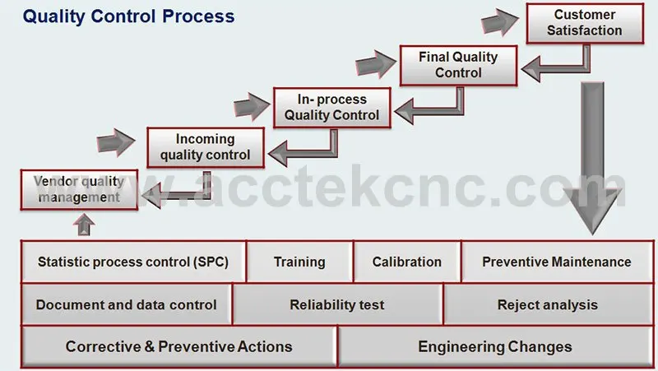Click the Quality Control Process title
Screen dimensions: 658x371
[x=128, y=16]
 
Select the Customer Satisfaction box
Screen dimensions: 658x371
[x=585, y=24]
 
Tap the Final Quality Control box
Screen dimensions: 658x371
[x=458, y=66]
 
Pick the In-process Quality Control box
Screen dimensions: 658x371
[x=332, y=108]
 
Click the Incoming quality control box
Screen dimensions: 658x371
[x=206, y=148]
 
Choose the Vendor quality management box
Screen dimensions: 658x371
[x=79, y=190]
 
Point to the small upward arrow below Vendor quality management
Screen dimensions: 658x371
[x=84, y=225]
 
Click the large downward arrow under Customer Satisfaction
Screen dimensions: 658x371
[x=592, y=158]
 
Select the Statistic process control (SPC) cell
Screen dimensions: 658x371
[x=133, y=262]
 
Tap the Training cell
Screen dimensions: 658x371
[x=299, y=262]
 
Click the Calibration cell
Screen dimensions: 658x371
[x=407, y=262]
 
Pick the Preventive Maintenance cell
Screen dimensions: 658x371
[x=557, y=262]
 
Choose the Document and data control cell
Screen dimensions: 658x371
[x=127, y=304]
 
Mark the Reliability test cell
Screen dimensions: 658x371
[x=337, y=304]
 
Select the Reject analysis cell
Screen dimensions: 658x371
[x=548, y=304]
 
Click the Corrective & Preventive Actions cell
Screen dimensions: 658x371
[x=178, y=347]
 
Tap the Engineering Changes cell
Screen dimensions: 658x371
[x=495, y=347]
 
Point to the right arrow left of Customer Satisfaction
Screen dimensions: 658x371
[x=500, y=22]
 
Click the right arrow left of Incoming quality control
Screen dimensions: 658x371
[x=116, y=142]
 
